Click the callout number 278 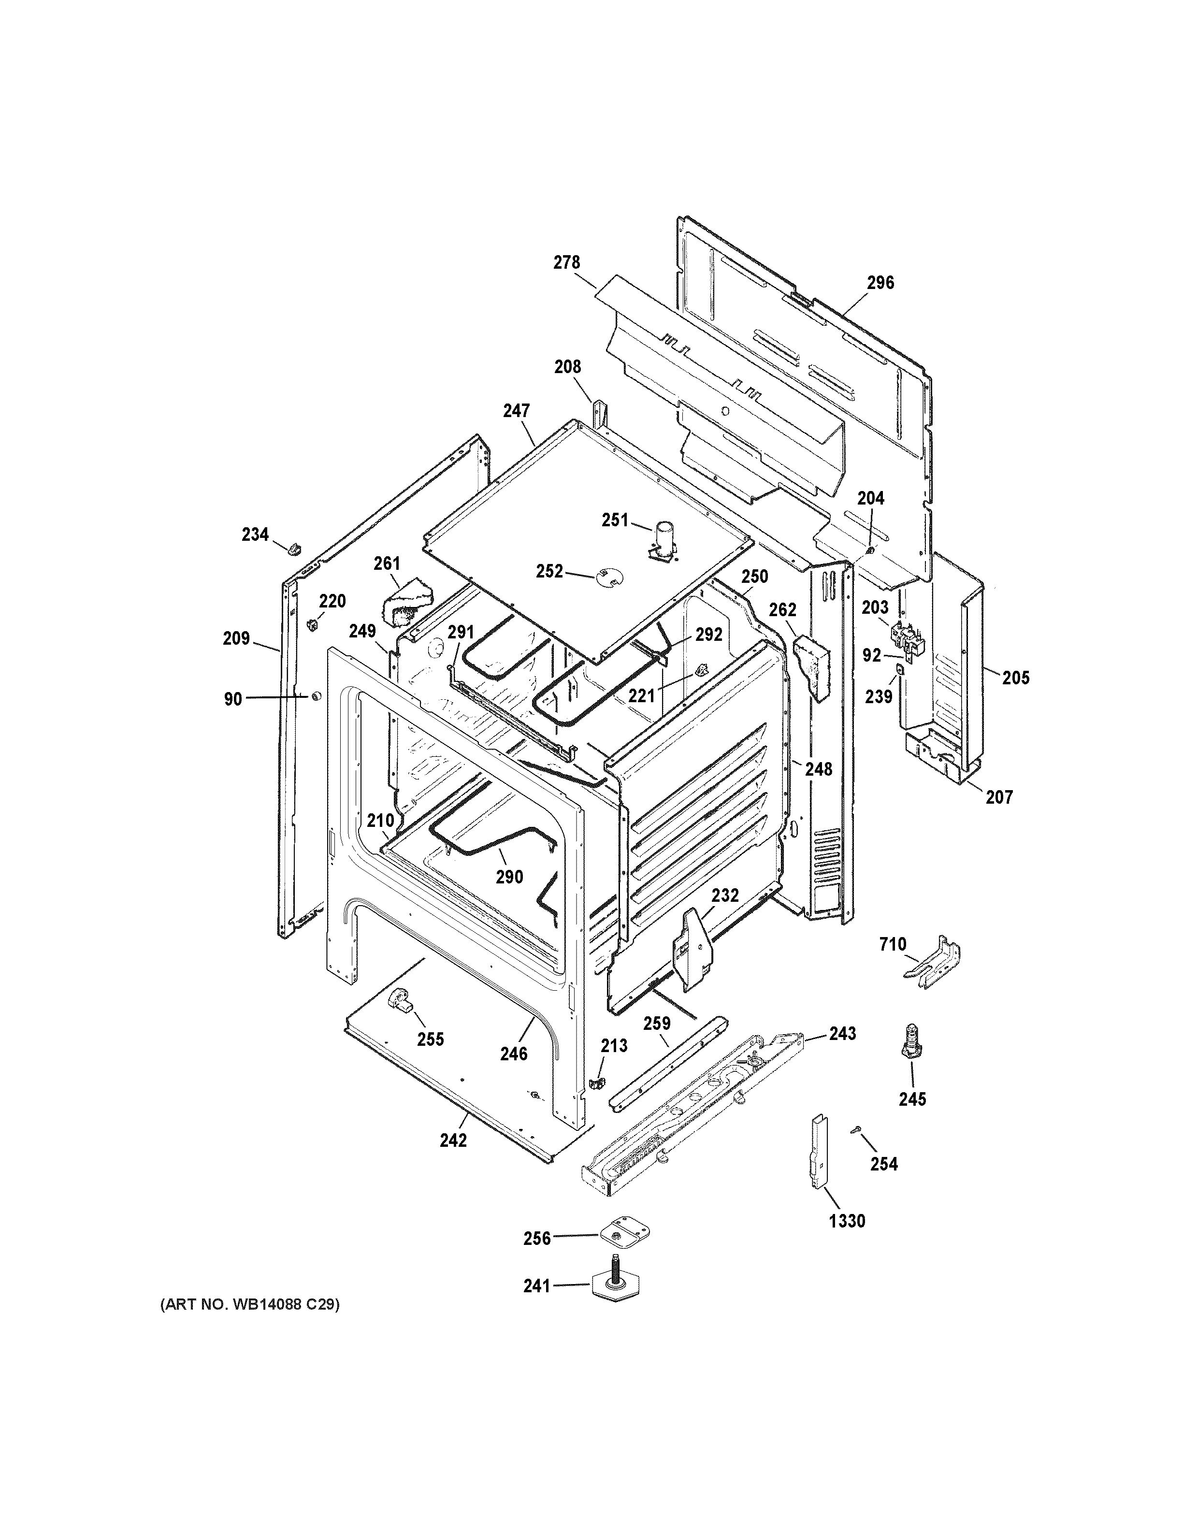(x=566, y=262)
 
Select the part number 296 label (x=880, y=283)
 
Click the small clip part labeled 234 (x=295, y=546)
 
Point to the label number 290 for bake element (x=509, y=877)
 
